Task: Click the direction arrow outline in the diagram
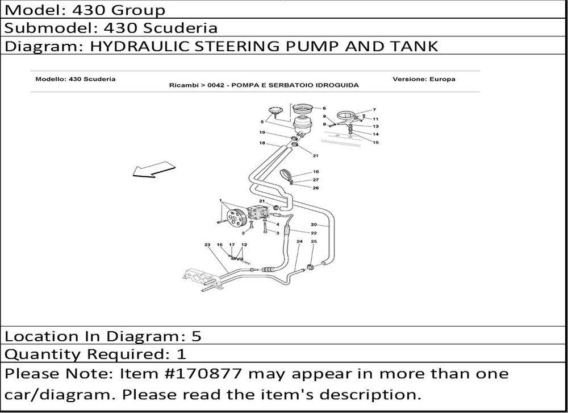pos(153,170)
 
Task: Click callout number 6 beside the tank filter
pos(324,108)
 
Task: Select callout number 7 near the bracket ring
pos(374,109)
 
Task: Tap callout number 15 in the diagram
pos(375,142)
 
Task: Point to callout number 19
pos(262,133)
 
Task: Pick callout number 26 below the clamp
pos(315,188)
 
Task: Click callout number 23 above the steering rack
pos(207,245)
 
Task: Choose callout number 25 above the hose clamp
pos(314,241)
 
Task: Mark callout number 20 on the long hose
pos(314,225)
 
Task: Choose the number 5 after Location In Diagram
pos(196,336)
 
